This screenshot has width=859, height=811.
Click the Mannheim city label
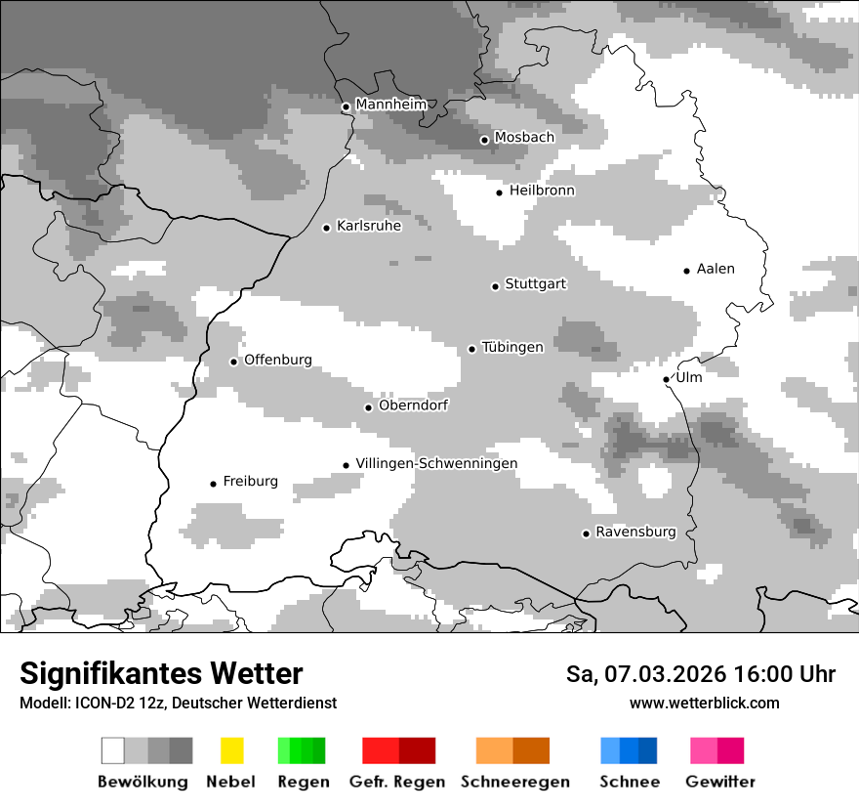pos(390,104)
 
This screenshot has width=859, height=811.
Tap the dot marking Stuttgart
pos(495,286)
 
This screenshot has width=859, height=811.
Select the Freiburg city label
pos(250,481)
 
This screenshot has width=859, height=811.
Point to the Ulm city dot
pos(666,379)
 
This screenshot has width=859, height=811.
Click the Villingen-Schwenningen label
pos(436,463)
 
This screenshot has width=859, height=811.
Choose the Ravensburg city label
pos(635,532)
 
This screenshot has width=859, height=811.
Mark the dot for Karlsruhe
pos(327,228)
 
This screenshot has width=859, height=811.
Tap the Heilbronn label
pos(542,191)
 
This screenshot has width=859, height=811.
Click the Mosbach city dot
pos(484,140)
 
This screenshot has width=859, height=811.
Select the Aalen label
pos(716,269)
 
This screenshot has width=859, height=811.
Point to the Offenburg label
pos(278,360)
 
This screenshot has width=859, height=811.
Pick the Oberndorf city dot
pos(368,407)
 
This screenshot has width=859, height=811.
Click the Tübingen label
pos(512,347)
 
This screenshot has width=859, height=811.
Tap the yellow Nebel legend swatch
pos(231,750)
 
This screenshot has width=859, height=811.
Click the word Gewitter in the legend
pos(720,782)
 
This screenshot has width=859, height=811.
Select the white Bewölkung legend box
pos(112,750)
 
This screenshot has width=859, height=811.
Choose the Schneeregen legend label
pos(514,782)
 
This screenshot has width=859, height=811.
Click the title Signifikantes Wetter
pos(161,673)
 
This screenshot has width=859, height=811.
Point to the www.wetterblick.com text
pos(704,703)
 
